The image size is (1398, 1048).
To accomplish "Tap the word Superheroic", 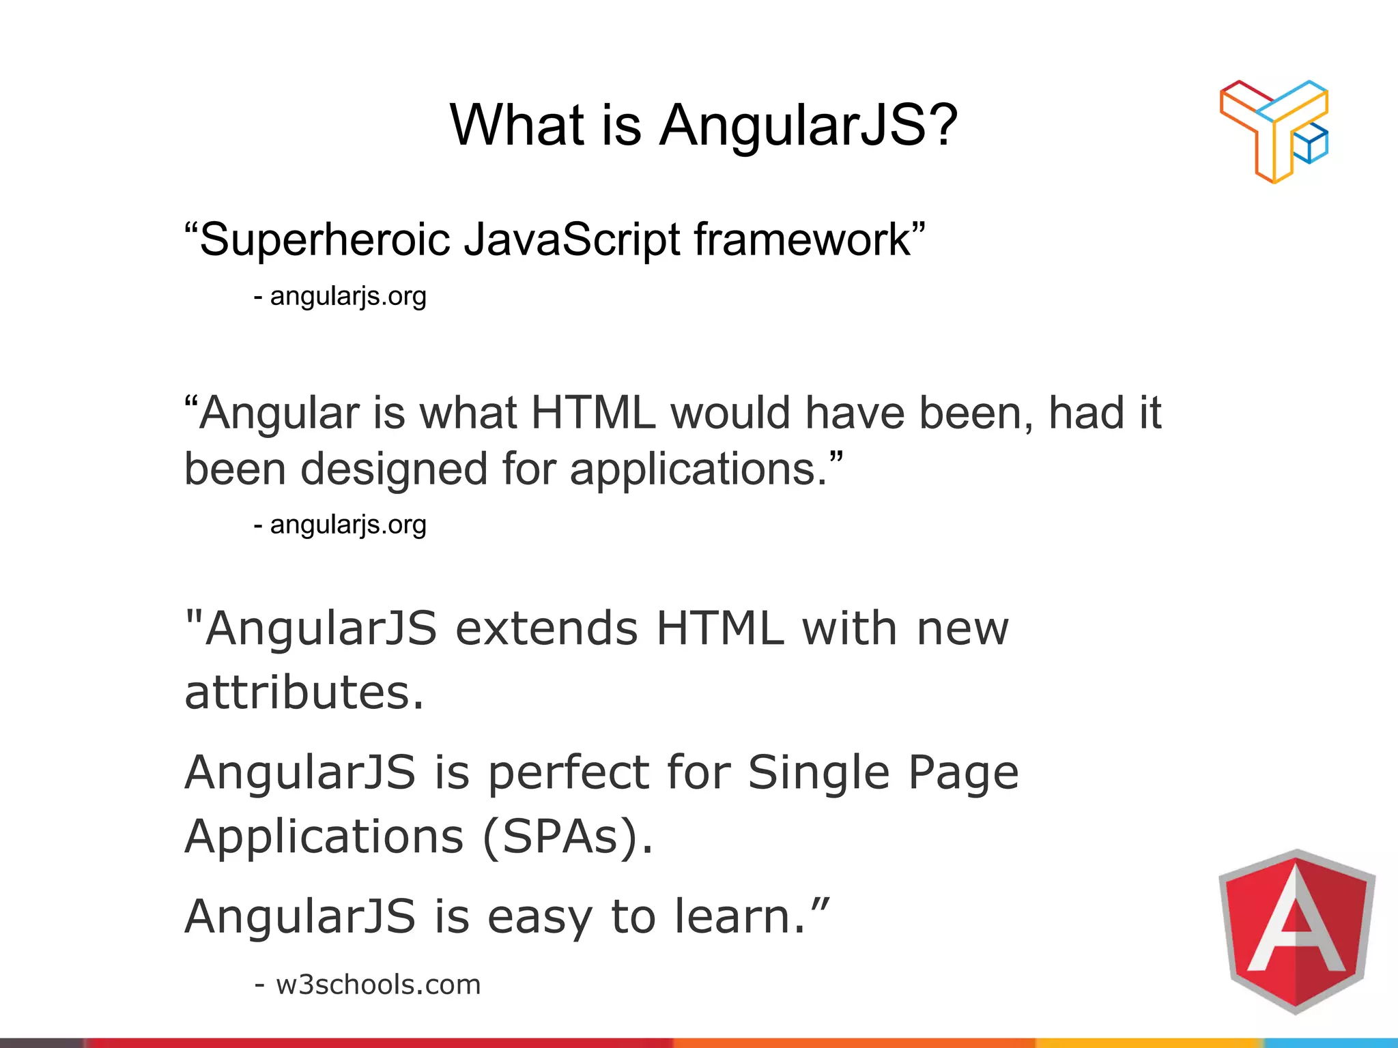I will tap(325, 239).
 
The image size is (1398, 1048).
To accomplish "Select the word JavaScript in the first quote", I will tap(572, 239).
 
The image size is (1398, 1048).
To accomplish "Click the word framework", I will tap(803, 239).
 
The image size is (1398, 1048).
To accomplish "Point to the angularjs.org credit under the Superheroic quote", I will tap(347, 296).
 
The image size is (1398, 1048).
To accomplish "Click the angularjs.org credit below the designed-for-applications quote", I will tap(347, 525).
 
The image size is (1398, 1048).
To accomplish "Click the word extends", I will tap(547, 628).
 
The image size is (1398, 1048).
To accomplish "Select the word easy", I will tap(539, 917).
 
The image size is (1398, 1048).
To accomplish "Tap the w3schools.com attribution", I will tap(377, 985).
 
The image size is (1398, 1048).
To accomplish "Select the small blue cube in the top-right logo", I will tap(1310, 145).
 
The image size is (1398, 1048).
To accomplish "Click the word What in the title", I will tap(517, 126).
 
